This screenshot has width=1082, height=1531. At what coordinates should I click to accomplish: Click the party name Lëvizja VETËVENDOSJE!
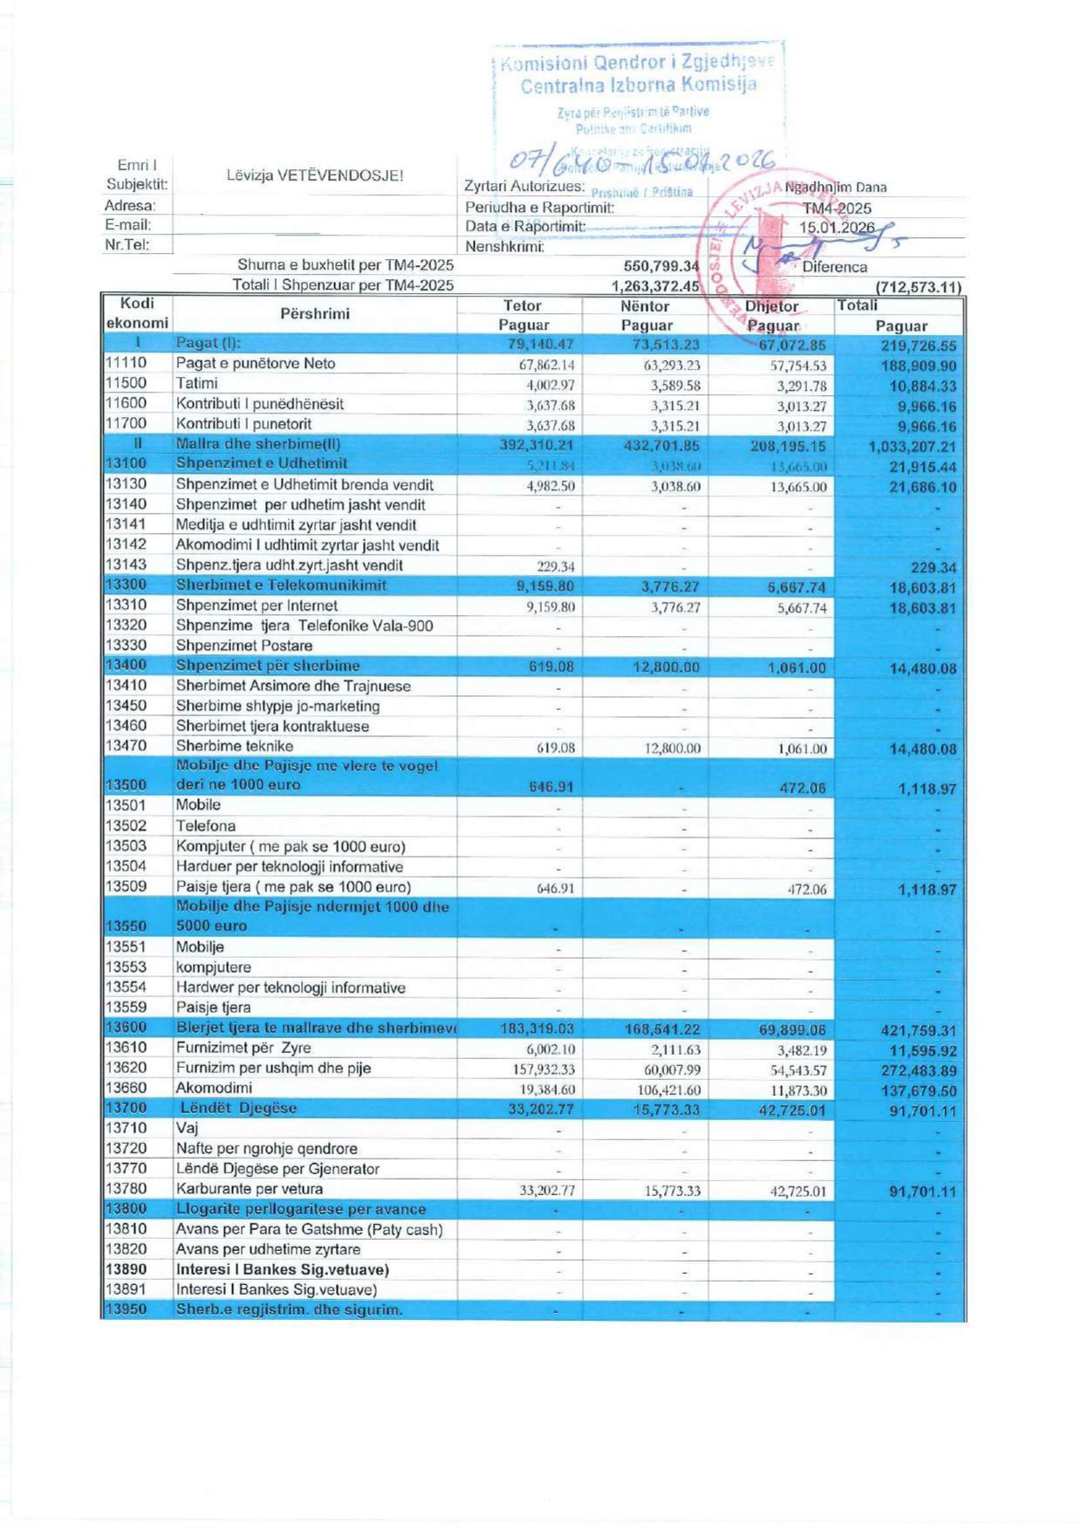[x=315, y=175]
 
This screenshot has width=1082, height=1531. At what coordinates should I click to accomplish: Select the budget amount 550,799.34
[x=661, y=266]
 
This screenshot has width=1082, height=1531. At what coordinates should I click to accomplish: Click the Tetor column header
[x=522, y=306]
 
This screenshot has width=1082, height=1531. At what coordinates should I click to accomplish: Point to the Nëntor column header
[x=645, y=306]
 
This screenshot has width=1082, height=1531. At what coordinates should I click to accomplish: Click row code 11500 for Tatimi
[x=127, y=383]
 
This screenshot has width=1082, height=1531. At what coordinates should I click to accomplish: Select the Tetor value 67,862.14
[x=550, y=365]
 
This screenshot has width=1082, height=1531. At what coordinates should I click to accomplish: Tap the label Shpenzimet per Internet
[x=257, y=605]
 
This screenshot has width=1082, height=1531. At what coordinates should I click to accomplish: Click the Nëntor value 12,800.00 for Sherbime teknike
[x=672, y=748]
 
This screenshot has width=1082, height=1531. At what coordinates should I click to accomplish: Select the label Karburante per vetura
[x=250, y=1189]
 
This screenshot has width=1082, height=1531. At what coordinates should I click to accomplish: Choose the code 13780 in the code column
[x=127, y=1189]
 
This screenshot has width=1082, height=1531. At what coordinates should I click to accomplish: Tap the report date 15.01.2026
[x=837, y=228]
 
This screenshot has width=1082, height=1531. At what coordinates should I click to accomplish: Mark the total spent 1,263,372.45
[x=654, y=286]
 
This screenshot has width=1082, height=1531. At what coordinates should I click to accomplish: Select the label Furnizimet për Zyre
[x=243, y=1048]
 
